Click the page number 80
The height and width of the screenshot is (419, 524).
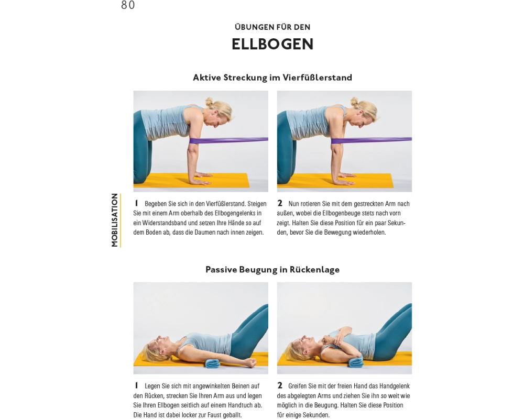coord(128,5)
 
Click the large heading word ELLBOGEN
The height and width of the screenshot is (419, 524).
coord(272,44)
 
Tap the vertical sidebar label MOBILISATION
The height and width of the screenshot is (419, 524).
coord(115,220)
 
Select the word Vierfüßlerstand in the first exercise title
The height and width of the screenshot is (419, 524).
coord(317,78)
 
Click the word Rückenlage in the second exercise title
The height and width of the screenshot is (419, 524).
coord(314,270)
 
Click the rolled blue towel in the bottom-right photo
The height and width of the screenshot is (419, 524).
coord(356,361)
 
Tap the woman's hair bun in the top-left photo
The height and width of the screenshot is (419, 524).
coord(209,102)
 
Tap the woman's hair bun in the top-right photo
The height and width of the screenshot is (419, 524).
coord(354,101)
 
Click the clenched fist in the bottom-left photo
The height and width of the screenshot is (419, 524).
coord(251,363)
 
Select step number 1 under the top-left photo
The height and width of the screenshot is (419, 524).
coord(136,203)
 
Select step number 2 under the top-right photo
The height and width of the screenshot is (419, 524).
coord(280,203)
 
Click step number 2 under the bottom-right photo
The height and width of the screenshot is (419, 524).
coord(280,385)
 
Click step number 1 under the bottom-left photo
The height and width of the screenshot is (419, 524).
coord(136,385)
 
